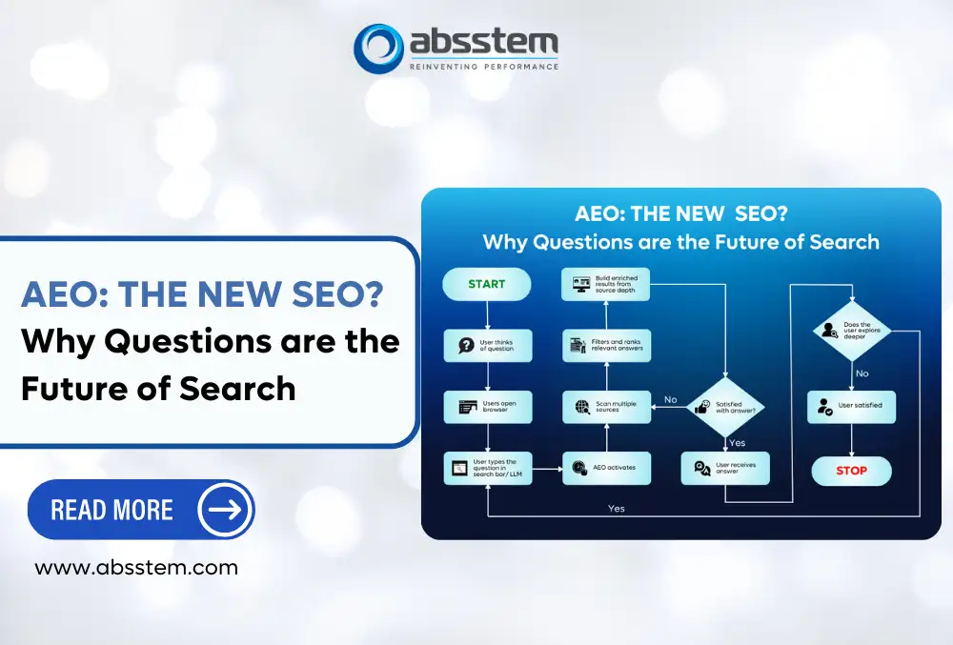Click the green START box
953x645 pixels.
coord(486,284)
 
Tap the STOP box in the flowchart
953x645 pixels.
coord(851,470)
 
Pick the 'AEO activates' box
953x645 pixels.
coord(606,468)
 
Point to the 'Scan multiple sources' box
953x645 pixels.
coord(606,407)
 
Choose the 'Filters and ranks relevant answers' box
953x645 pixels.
coord(606,345)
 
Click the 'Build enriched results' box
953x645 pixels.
coord(606,284)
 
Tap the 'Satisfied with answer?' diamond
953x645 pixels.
coord(727,407)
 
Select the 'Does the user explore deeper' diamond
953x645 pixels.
coord(851,330)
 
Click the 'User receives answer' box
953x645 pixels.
coord(725,468)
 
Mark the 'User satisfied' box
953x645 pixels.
coord(850,406)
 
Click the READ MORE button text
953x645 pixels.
coord(112,510)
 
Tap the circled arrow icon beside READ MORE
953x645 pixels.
coord(225,510)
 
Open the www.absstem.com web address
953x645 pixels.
coord(136,568)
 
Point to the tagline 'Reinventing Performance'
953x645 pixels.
coord(483,66)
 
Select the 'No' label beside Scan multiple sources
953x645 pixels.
coord(670,399)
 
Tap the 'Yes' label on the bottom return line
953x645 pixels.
coord(617,509)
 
